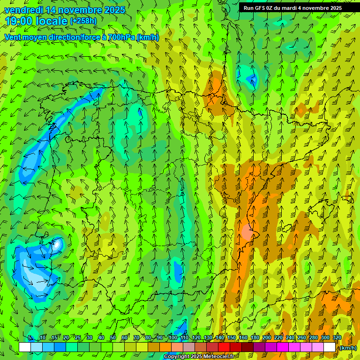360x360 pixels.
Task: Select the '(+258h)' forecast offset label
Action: click(x=83, y=21)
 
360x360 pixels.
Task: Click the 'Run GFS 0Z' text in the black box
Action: click(x=259, y=8)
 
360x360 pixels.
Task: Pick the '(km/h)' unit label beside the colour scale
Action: click(x=348, y=348)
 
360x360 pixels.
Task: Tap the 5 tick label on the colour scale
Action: click(x=30, y=338)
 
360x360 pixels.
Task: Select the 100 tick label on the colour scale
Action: click(x=172, y=338)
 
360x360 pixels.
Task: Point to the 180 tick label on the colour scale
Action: click(x=255, y=338)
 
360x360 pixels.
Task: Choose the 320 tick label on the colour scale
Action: click(x=337, y=338)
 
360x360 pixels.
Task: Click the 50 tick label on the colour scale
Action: click(x=113, y=338)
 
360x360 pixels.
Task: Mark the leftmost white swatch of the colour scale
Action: click(x=25, y=347)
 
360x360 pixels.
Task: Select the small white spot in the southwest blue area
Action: click(x=57, y=244)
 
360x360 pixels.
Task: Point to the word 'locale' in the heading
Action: click(x=52, y=21)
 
